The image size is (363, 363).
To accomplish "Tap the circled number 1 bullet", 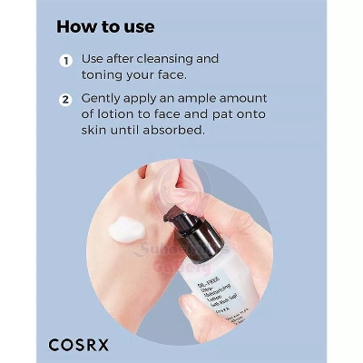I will click(x=65, y=60).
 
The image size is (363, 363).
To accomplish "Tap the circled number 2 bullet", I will click(x=65, y=99).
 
